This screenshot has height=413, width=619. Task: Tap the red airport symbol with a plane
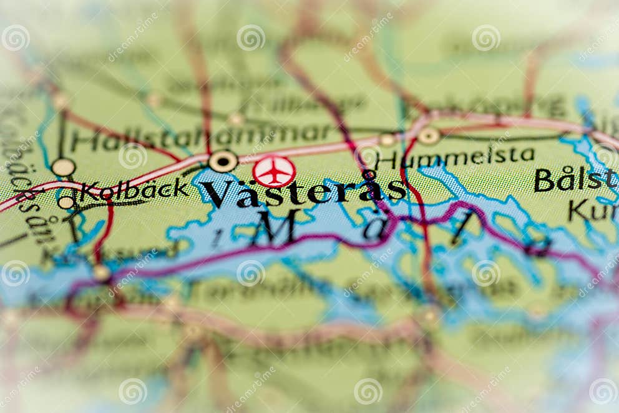click(x=274, y=171)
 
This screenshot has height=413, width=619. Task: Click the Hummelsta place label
click(x=456, y=156)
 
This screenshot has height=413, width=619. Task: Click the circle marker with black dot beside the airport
click(x=223, y=161)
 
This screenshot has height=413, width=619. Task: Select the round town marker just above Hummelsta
click(x=429, y=136)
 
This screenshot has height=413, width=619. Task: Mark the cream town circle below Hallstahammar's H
click(x=63, y=167)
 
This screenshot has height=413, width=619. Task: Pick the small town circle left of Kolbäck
click(x=66, y=202)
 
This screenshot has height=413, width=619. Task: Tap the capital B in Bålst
click(x=544, y=180)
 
